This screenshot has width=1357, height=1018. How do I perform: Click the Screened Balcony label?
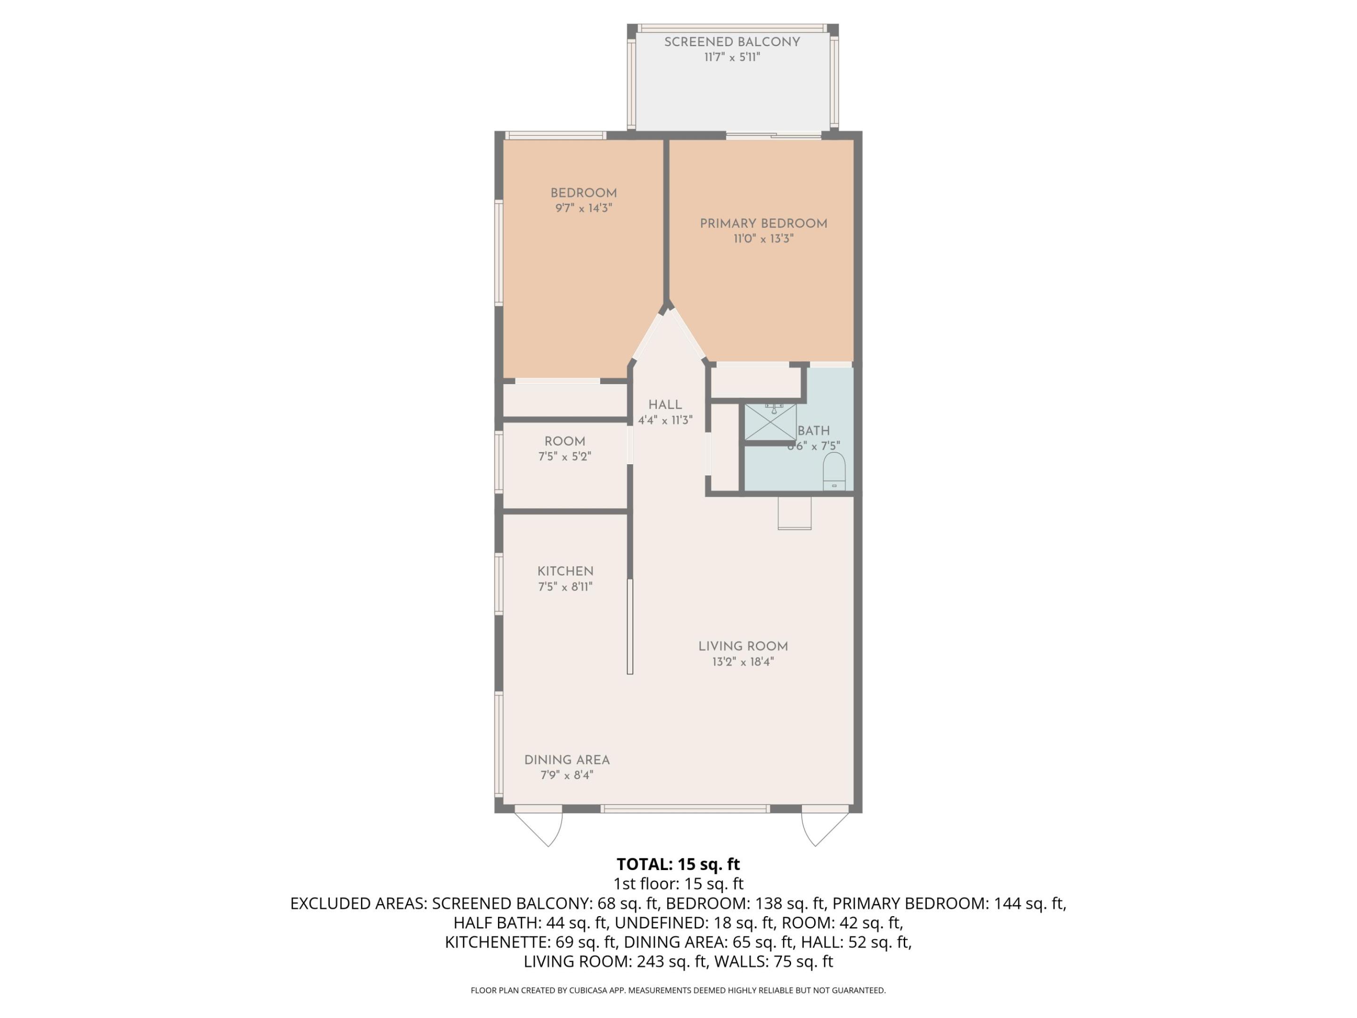coord(732,42)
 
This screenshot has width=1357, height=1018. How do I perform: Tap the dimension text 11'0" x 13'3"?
coord(763,238)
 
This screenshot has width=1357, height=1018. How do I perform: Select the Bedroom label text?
coord(583,193)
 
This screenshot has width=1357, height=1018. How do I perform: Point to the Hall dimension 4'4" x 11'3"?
coord(665,420)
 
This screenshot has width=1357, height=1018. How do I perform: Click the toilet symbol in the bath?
coord(834,471)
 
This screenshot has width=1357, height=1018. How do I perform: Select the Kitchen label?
coord(565,571)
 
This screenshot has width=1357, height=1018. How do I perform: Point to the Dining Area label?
coord(567,760)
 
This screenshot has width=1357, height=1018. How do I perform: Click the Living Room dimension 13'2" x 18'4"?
coord(743,662)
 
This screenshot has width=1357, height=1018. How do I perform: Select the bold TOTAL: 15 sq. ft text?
coord(678,864)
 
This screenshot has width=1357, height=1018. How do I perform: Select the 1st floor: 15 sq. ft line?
coord(678,884)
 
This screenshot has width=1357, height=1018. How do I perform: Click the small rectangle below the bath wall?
coord(794,513)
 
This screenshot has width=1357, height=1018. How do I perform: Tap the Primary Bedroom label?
coord(763,223)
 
